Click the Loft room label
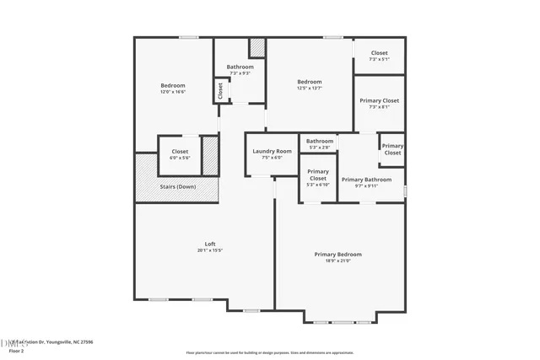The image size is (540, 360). pyautogui.click(x=209, y=244)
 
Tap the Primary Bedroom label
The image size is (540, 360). pyautogui.click(x=337, y=255)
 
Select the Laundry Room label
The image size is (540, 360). pyautogui.click(x=271, y=151)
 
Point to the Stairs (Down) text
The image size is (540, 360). pyautogui.click(x=177, y=187)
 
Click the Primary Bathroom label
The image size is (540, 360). pyautogui.click(x=365, y=180)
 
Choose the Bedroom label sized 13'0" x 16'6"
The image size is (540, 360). pyautogui.click(x=173, y=85)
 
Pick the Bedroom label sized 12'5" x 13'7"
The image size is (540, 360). pyautogui.click(x=308, y=82)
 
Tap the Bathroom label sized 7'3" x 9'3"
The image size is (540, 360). pyautogui.click(x=240, y=67)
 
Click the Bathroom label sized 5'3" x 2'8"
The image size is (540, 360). pyautogui.click(x=319, y=141)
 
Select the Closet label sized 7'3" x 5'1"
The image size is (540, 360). pyautogui.click(x=379, y=52)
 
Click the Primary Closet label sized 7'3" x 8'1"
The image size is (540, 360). pyautogui.click(x=379, y=100)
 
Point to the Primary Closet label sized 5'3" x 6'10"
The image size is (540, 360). pyautogui.click(x=317, y=175)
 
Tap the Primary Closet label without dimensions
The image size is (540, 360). pyautogui.click(x=392, y=149)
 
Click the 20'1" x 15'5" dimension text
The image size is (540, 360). pyautogui.click(x=209, y=250)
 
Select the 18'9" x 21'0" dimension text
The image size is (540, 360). pyautogui.click(x=337, y=261)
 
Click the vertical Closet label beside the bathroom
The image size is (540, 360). pyautogui.click(x=220, y=90)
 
